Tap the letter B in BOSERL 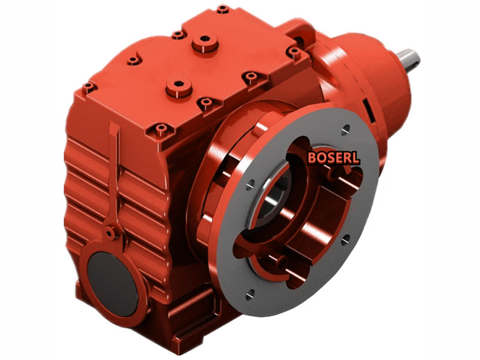(x=312, y=158)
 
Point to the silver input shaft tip (x=411, y=59)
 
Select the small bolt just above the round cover (x=110, y=230)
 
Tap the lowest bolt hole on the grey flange (x=250, y=293)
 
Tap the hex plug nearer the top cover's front (x=178, y=87)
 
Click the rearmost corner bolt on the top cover (x=223, y=9)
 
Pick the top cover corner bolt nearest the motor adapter (x=293, y=52)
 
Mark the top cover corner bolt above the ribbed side (x=89, y=88)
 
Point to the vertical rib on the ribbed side (x=114, y=174)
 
